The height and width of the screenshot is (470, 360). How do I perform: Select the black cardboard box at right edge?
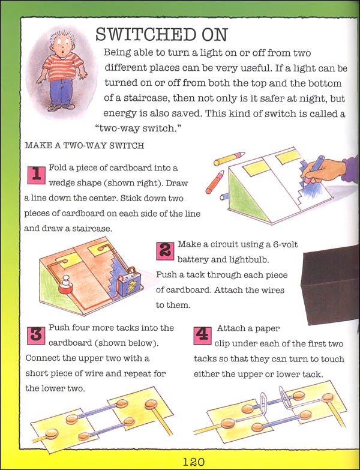click(329, 277)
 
